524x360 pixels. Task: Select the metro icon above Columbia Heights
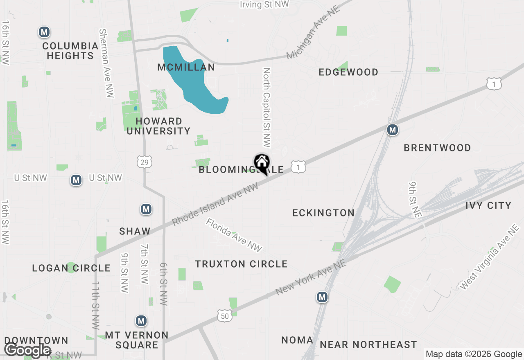pos(44,32)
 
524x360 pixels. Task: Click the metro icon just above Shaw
pos(146,209)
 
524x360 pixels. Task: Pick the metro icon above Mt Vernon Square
pos(141,321)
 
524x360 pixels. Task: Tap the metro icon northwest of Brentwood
pos(393,130)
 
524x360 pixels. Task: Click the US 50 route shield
pos(225,315)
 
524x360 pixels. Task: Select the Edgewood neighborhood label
pos(348,72)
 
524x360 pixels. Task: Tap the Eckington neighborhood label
pos(323,213)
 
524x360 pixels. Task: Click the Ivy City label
pos(488,205)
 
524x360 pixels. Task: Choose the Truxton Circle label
pos(241,264)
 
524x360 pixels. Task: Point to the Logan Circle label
pos(71,268)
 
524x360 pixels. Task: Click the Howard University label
pos(158,126)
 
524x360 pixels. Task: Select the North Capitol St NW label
pos(267,108)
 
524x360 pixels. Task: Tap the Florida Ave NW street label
pos(234,235)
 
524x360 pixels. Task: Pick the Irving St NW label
pos(264,4)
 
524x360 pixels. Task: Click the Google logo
pos(27,350)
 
